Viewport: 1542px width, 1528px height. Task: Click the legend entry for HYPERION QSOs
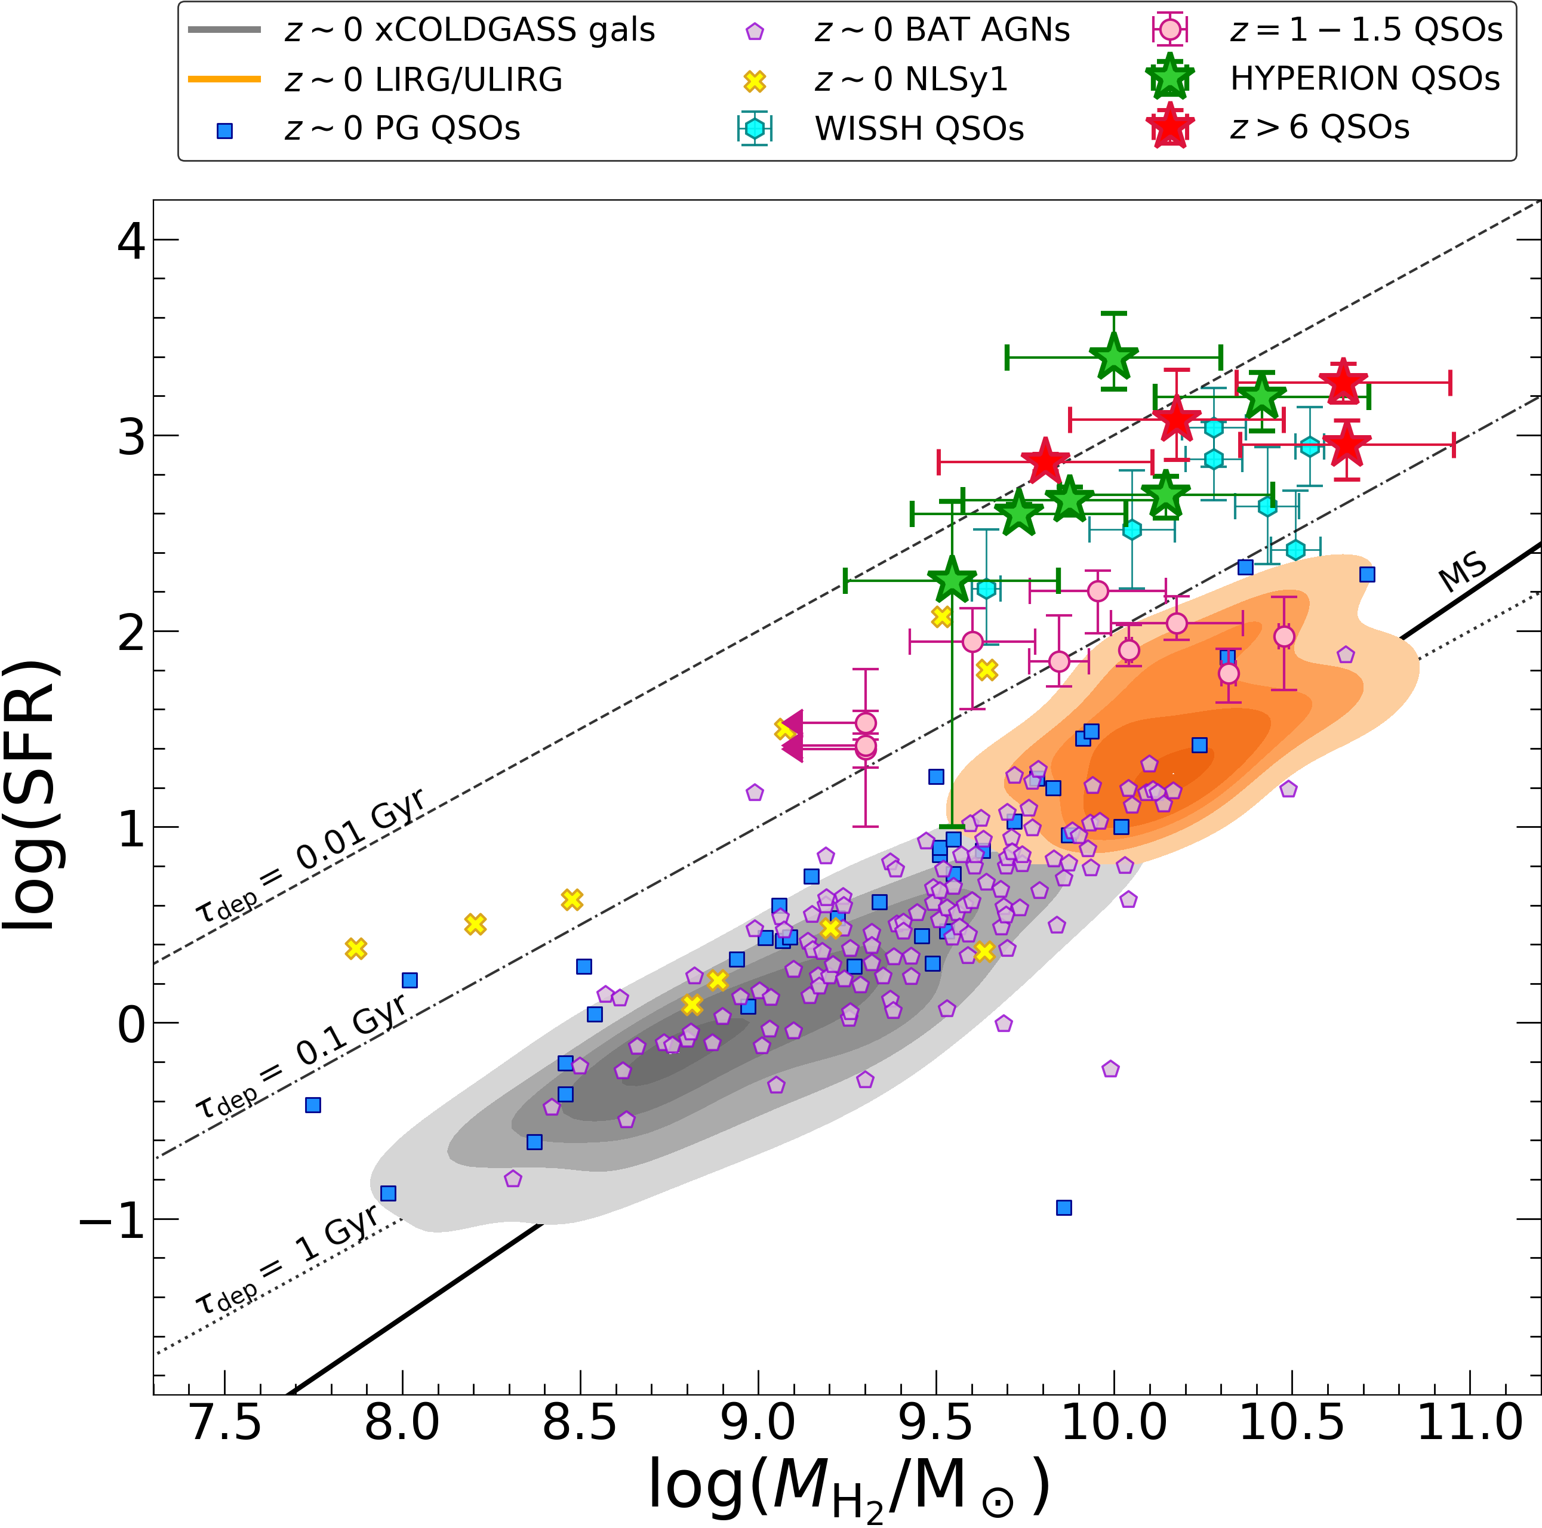(x=1364, y=78)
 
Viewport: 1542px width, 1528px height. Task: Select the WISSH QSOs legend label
(x=919, y=128)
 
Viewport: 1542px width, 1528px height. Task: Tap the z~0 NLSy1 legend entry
(x=910, y=79)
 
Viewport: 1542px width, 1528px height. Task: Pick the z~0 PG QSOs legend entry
(x=401, y=128)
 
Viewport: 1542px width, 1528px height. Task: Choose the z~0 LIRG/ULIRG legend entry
(x=423, y=79)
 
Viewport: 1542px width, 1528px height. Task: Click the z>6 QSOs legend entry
(x=1319, y=128)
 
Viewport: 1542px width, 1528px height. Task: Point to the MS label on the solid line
(x=1462, y=571)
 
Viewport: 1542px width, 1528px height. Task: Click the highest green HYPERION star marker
(x=1113, y=358)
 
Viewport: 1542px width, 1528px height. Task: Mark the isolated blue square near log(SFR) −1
(x=1064, y=1208)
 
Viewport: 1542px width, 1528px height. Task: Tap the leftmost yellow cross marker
(x=356, y=948)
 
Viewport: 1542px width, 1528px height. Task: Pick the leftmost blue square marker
(x=313, y=1105)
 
